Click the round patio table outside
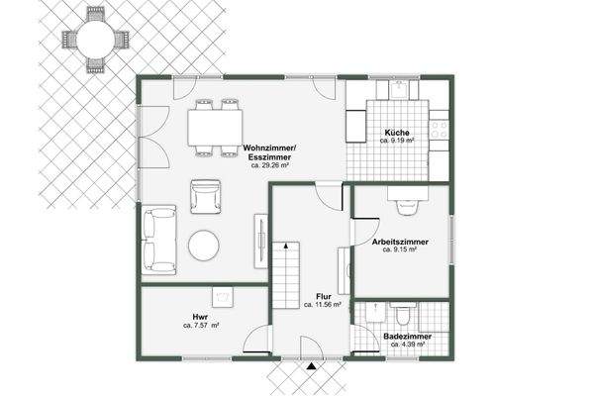94,41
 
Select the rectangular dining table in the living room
216,127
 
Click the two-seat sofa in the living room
158,239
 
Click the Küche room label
398,134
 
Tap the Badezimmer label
407,336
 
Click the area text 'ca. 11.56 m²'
322,305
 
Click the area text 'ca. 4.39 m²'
407,345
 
